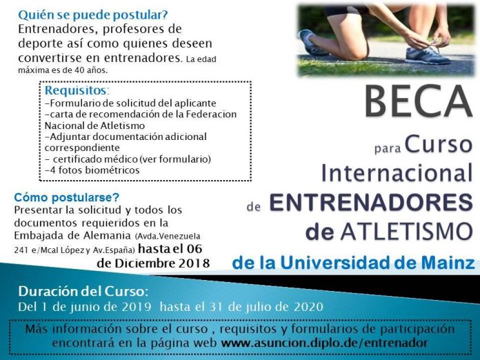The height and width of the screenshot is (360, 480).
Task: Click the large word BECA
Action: [418, 101]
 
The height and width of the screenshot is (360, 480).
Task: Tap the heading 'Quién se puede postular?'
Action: [93, 15]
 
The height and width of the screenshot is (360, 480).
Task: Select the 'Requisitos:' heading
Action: [77, 90]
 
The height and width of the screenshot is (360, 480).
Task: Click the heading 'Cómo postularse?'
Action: [67, 197]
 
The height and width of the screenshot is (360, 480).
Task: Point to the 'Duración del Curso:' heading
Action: [83, 292]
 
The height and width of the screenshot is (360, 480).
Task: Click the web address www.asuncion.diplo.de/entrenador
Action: [324, 343]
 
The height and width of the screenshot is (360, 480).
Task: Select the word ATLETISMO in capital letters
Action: [406, 232]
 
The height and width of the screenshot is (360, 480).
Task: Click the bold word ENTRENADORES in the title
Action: [371, 203]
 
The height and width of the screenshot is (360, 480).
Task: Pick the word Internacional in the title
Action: [397, 173]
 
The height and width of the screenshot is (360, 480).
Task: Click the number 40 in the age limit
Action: [79, 70]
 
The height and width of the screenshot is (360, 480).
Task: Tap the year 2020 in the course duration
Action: [308, 307]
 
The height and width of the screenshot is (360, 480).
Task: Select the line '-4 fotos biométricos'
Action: [92, 170]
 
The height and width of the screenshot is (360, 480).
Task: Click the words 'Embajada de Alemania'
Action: [72, 236]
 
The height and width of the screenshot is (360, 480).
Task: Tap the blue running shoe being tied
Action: [428, 55]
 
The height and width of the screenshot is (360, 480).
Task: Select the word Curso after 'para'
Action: [439, 145]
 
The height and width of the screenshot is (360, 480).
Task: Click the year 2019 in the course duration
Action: [137, 307]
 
